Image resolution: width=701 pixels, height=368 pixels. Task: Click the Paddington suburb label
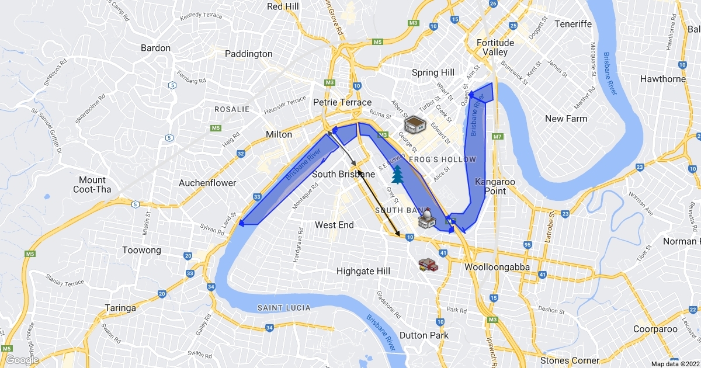249,54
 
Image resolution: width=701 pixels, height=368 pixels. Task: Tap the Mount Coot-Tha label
92,185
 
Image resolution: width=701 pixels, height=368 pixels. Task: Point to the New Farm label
566,119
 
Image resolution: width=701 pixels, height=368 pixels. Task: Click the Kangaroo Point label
495,186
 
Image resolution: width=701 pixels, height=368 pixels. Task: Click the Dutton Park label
424,335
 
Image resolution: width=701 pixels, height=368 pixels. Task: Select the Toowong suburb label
141,250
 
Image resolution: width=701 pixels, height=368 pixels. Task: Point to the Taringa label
120,308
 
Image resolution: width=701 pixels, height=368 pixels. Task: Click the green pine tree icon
398,174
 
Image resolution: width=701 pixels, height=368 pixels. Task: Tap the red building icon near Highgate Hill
428,265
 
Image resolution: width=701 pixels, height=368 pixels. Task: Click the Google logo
22,360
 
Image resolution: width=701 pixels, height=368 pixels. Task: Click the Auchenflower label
207,183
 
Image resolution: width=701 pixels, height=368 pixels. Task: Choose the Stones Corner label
570,360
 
